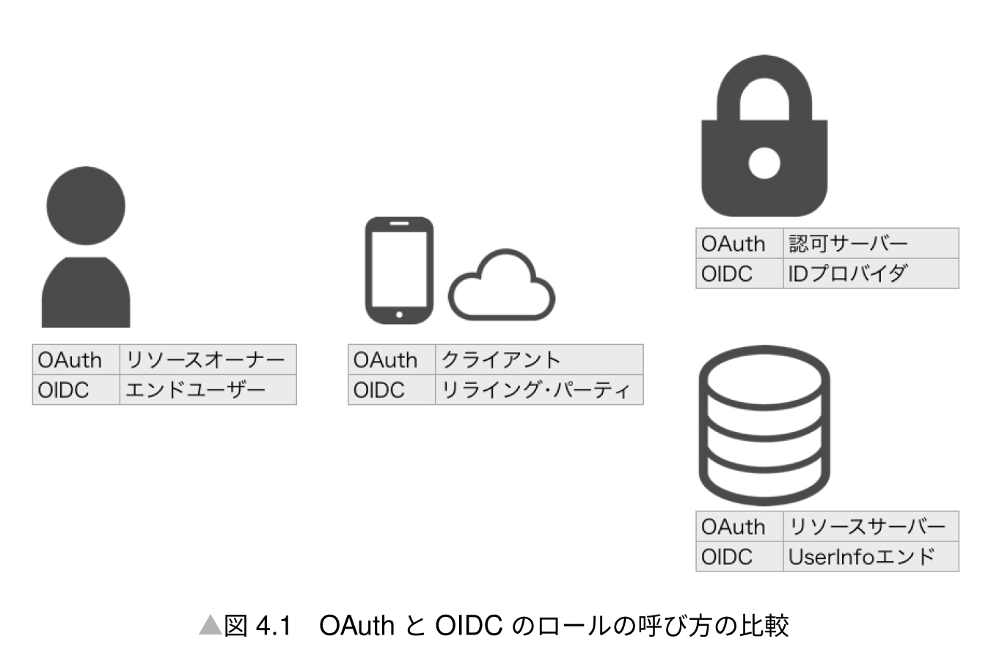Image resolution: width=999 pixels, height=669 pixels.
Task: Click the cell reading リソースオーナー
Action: click(x=207, y=359)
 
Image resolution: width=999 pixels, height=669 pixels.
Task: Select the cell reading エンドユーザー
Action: click(x=207, y=390)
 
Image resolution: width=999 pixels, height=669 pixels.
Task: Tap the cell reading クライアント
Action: click(x=538, y=359)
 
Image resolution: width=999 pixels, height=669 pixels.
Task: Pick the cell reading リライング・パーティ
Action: click(x=538, y=390)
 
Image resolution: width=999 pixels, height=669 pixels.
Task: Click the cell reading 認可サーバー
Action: click(x=870, y=244)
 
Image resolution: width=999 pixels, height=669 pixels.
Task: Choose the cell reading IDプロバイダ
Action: click(x=870, y=274)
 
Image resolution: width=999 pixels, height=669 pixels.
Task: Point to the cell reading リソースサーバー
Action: click(x=870, y=527)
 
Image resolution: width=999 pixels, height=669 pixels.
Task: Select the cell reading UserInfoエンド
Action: click(x=870, y=557)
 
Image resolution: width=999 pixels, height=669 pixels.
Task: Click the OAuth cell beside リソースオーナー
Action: click(x=76, y=359)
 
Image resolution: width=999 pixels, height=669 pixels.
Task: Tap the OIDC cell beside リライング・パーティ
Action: click(x=391, y=390)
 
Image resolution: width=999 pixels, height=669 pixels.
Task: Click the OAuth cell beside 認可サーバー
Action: click(x=739, y=244)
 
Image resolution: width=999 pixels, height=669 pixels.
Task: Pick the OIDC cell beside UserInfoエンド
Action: click(x=739, y=557)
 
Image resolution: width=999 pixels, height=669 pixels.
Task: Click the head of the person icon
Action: click(x=86, y=206)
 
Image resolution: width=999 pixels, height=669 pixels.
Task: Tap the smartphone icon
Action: click(x=399, y=269)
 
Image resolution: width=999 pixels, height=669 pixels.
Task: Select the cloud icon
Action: click(x=502, y=288)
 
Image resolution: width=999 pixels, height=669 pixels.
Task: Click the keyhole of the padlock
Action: click(x=764, y=163)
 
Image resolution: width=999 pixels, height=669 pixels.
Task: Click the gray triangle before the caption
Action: click(x=210, y=626)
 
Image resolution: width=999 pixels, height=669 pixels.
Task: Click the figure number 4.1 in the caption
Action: click(x=274, y=626)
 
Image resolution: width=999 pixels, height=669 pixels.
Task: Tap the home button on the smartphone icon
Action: click(x=399, y=315)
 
